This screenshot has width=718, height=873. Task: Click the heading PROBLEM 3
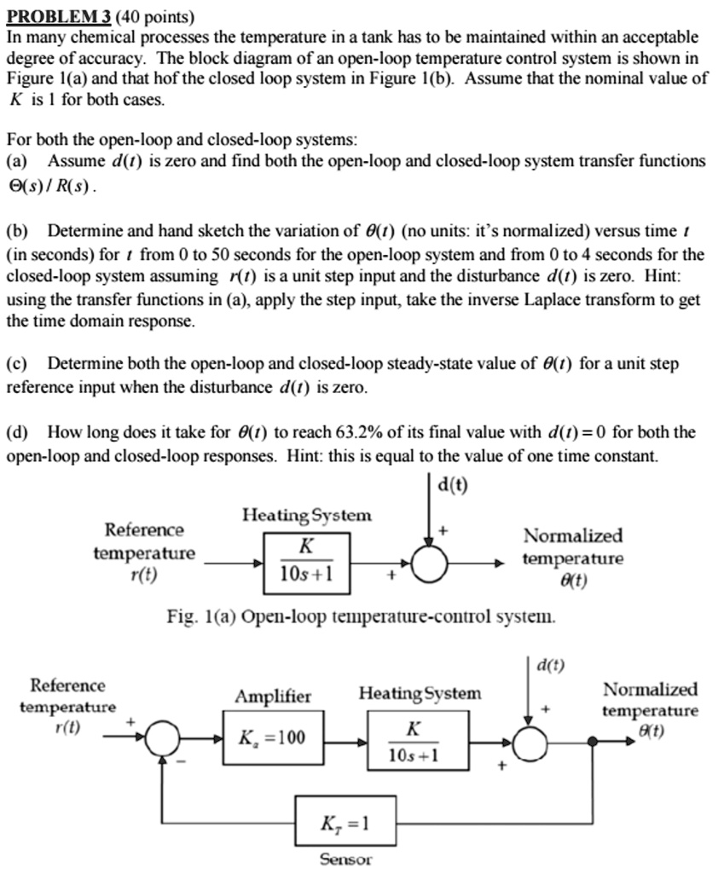point(60,15)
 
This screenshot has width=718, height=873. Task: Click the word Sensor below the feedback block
point(345,859)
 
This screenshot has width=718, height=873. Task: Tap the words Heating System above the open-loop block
point(307,515)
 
